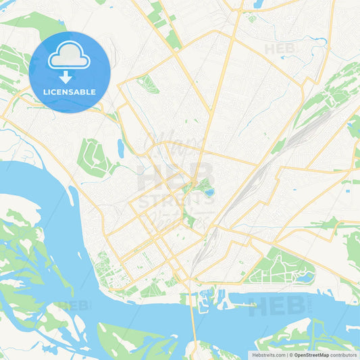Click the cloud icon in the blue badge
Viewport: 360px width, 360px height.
(x=70, y=55)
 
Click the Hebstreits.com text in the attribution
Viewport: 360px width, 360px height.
(x=268, y=354)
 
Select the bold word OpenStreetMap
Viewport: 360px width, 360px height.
(x=311, y=354)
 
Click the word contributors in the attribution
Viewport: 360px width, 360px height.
(x=344, y=354)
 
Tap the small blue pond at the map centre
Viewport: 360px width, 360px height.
(x=209, y=192)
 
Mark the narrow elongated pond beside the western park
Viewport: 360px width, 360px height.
(x=120, y=147)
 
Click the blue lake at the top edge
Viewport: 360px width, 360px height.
(x=257, y=4)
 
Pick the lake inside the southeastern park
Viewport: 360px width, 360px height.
(x=305, y=276)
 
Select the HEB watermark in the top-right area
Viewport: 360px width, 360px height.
(x=280, y=49)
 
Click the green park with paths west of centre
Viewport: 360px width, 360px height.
(x=95, y=157)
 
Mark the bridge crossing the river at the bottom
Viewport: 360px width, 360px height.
(x=195, y=317)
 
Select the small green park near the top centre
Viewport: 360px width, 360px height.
(x=147, y=84)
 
